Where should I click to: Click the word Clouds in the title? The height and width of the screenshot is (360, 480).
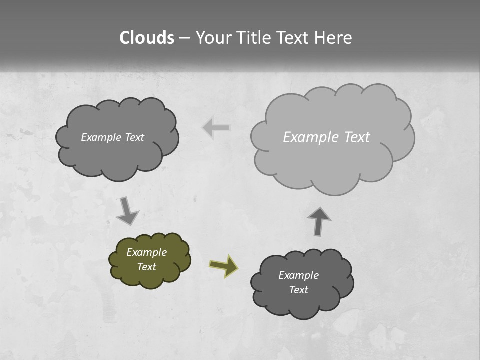coord(147,38)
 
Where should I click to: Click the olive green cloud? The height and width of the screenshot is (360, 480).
coord(150,260)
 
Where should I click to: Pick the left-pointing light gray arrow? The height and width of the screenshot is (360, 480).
coord(216,128)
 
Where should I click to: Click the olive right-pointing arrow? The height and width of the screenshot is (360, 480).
coord(223,266)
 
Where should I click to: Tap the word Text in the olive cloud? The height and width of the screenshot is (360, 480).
coord(147,267)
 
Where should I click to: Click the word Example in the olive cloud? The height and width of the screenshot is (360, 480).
coord(147,252)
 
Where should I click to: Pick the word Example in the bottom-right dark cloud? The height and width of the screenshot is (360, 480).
coord(298,275)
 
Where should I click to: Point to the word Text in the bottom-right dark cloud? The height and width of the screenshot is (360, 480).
coord(298,290)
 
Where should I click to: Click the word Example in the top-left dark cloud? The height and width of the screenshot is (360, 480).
coord(101,137)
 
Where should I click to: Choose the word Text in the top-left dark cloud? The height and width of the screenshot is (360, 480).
coord(134,137)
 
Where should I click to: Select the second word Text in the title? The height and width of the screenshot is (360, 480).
coord(293,38)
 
